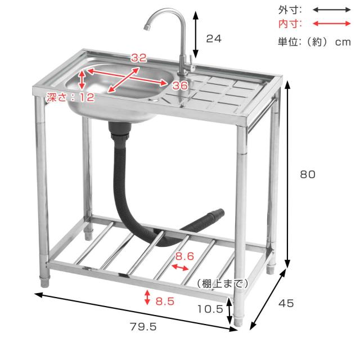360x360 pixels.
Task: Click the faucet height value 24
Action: [214, 39]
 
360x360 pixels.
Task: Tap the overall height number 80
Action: [308, 174]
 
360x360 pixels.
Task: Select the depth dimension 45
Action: [286, 303]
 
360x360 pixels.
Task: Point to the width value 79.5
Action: [143, 326]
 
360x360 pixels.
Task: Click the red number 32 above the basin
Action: [139, 58]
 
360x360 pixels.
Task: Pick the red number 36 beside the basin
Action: [180, 85]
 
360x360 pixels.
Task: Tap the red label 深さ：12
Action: [70, 97]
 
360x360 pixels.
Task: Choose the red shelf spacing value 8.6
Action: [184, 256]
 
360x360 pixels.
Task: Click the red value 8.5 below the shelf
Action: [165, 301]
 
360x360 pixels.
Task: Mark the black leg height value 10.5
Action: [210, 309]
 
